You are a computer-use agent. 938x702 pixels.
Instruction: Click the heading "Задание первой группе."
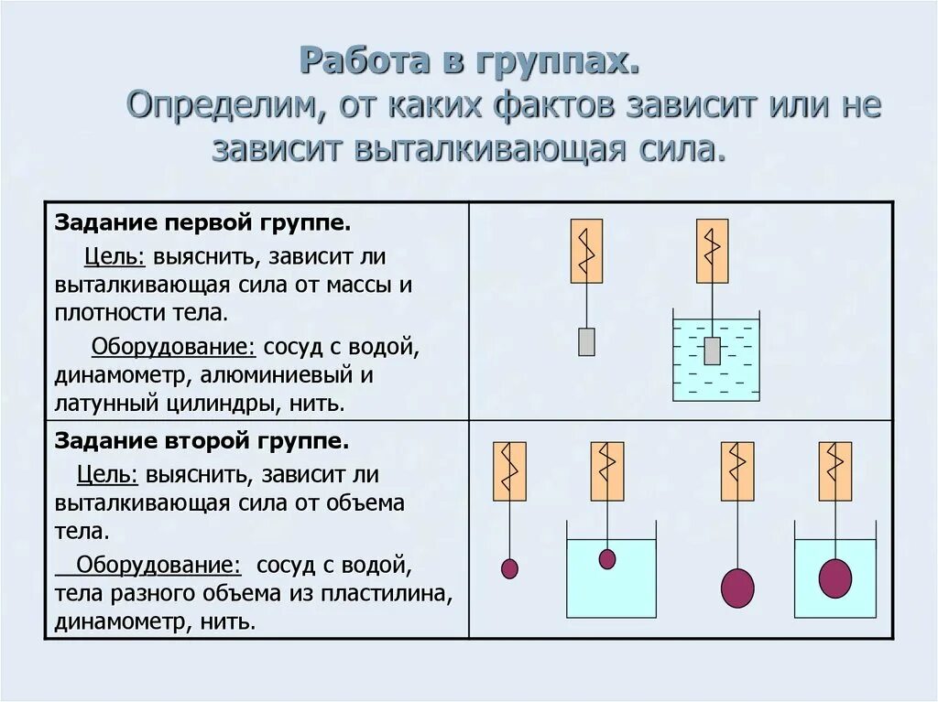point(202,223)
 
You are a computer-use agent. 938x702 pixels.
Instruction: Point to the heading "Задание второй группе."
point(202,441)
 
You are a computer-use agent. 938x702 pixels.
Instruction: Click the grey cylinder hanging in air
point(586,341)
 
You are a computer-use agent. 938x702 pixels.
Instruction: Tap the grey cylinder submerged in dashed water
point(712,351)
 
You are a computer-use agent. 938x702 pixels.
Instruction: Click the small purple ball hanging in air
point(509,568)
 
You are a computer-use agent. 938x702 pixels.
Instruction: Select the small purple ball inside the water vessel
point(607,558)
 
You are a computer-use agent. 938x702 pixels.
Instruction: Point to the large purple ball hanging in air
point(737,587)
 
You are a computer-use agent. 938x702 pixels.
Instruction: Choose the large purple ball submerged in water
point(834,578)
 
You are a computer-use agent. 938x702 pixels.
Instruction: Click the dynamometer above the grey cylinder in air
point(586,251)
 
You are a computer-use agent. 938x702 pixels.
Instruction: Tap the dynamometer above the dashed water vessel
point(712,251)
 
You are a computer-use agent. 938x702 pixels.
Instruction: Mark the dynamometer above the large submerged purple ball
point(834,471)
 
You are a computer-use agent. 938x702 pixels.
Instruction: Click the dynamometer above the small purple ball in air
point(509,471)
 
